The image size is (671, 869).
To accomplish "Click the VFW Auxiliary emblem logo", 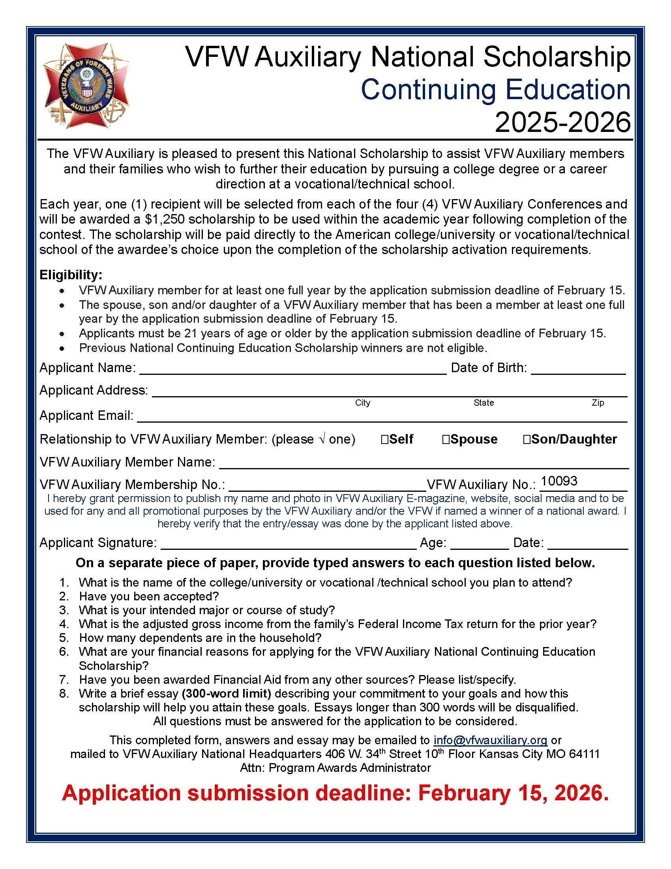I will tap(86, 85).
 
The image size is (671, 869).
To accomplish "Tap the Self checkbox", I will tap(384, 439).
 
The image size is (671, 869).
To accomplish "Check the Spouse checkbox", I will tap(446, 439).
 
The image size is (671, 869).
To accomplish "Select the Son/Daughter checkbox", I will tap(527, 439).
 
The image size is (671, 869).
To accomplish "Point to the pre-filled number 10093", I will tap(559, 481).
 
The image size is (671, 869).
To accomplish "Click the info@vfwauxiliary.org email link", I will tap(490, 740).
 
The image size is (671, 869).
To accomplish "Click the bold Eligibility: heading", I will tap(71, 275).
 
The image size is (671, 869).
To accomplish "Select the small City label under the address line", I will tap(362, 403).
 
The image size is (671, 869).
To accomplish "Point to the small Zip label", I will tap(598, 403).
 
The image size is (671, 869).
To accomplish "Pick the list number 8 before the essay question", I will tap(64, 694).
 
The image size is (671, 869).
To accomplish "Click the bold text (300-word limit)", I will tap(226, 694).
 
